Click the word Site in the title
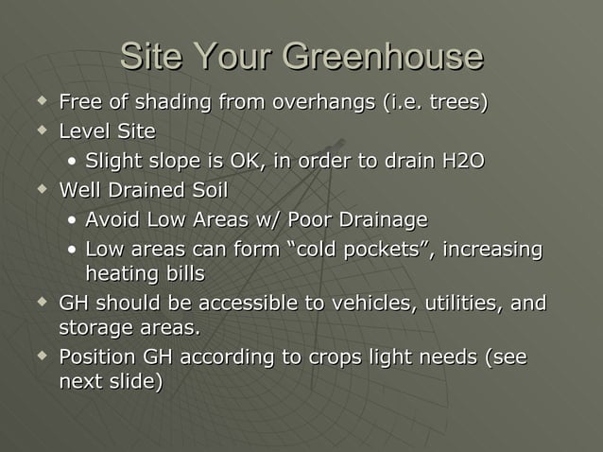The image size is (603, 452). pos(149,58)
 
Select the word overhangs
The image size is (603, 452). pos(322,102)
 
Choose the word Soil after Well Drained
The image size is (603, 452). pos(209,190)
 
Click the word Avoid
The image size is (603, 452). pos(111,220)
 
